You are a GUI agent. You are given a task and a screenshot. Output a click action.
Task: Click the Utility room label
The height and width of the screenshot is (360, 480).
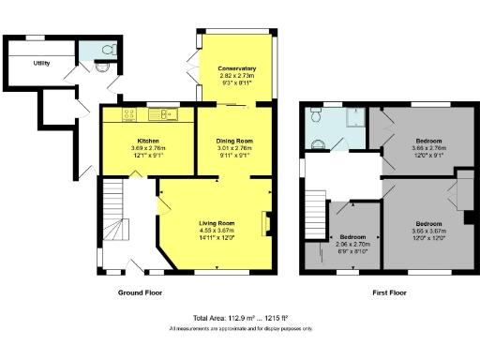point(40,64)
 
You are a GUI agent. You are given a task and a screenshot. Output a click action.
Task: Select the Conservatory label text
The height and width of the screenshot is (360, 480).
point(236,69)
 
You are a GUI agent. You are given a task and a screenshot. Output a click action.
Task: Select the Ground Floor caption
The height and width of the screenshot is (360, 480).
point(140,292)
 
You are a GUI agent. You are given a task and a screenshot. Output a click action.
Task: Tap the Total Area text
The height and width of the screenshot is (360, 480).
point(239,318)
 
